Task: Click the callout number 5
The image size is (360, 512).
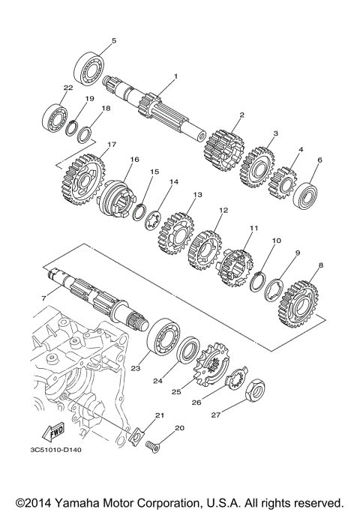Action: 114,40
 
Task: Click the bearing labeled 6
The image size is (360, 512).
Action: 307,194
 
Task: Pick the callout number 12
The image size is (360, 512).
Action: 222,211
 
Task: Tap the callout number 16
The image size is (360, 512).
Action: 134,159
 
